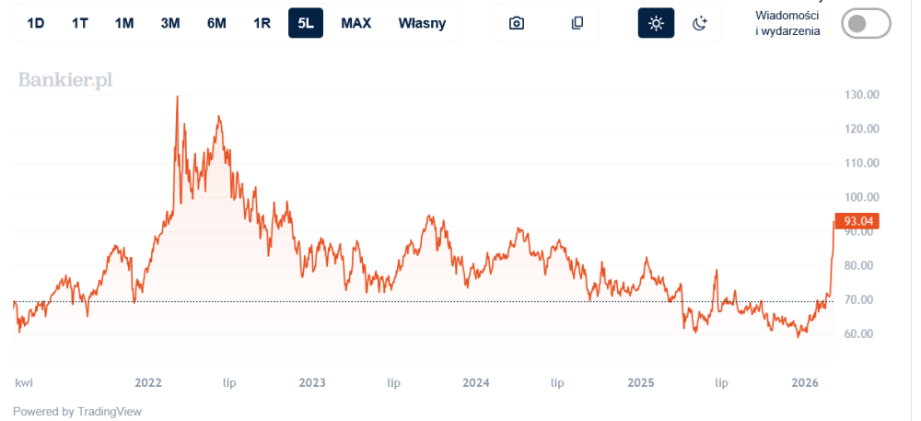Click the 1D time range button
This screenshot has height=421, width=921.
pyautogui.click(x=36, y=23)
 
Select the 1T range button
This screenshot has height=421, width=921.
pyautogui.click(x=80, y=23)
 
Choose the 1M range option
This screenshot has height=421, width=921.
pyautogui.click(x=124, y=23)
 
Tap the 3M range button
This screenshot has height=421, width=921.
pyautogui.click(x=170, y=23)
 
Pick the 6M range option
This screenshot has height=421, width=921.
pyautogui.click(x=216, y=23)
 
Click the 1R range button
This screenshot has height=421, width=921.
pyautogui.click(x=262, y=23)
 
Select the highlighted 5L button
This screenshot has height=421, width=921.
pyautogui.click(x=306, y=23)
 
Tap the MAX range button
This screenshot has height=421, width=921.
pyautogui.click(x=356, y=23)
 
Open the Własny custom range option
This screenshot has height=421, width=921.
pyautogui.click(x=422, y=23)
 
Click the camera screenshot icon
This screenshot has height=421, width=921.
pyautogui.click(x=517, y=23)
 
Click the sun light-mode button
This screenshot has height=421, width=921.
pyautogui.click(x=656, y=23)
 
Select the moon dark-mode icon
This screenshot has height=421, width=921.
pyautogui.click(x=700, y=23)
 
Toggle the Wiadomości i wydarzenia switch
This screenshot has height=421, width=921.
pyautogui.click(x=866, y=24)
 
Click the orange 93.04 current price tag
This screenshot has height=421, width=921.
pyautogui.click(x=857, y=221)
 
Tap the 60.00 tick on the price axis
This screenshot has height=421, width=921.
pyautogui.click(x=859, y=334)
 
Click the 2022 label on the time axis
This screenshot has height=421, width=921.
pyautogui.click(x=148, y=382)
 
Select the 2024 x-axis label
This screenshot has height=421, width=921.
pyautogui.click(x=476, y=382)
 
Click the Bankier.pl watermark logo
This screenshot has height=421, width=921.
pyautogui.click(x=65, y=81)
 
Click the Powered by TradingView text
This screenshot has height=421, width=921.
pyautogui.click(x=77, y=412)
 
